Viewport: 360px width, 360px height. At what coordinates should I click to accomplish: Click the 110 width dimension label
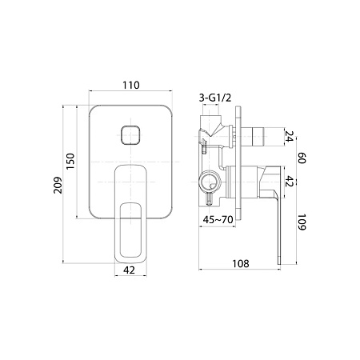click(131, 85)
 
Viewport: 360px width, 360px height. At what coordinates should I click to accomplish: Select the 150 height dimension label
click(70, 161)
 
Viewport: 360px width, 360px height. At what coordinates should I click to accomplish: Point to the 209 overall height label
click(58, 185)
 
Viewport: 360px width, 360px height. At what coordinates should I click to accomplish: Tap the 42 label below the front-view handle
click(130, 270)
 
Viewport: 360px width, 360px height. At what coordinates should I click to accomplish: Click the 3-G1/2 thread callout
click(215, 98)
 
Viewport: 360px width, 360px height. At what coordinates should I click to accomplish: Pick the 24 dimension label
click(290, 136)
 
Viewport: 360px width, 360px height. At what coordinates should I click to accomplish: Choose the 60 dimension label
click(302, 158)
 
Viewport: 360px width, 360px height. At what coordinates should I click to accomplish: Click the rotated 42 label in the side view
click(290, 181)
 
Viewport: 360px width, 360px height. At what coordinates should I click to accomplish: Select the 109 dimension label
click(302, 222)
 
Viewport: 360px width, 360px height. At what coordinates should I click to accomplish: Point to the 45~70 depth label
click(218, 220)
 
